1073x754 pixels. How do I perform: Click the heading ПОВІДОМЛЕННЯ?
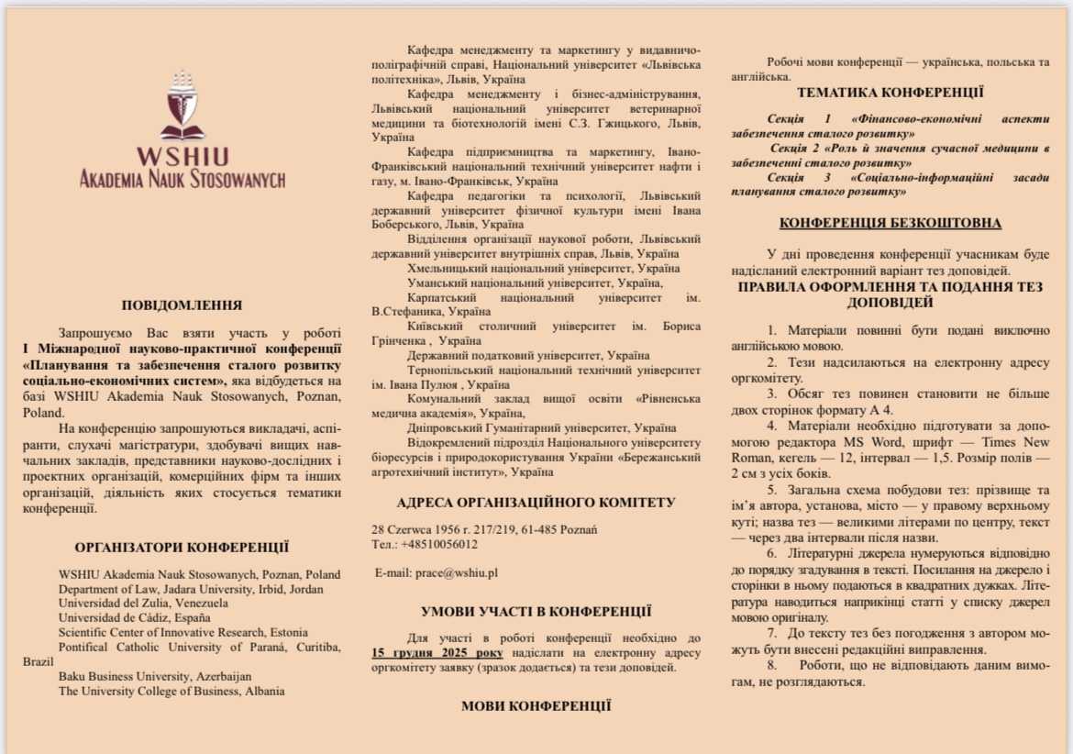(182, 305)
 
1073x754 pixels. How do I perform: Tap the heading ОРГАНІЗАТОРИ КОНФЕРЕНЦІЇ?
(182, 548)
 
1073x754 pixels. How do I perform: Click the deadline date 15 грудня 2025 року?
(437, 652)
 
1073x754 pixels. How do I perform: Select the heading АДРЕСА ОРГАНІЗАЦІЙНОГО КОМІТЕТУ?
(536, 503)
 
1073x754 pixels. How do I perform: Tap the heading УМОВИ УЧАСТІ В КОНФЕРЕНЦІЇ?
(536, 611)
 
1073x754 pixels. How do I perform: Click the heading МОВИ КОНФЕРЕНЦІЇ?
(536, 705)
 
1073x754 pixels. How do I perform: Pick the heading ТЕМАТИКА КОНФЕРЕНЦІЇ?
(890, 93)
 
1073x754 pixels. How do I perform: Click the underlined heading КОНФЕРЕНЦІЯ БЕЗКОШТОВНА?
(890, 223)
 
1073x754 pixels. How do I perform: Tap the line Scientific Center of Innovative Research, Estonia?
(183, 632)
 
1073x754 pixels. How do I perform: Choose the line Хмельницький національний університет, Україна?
(544, 269)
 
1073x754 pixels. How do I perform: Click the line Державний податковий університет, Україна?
(529, 355)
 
